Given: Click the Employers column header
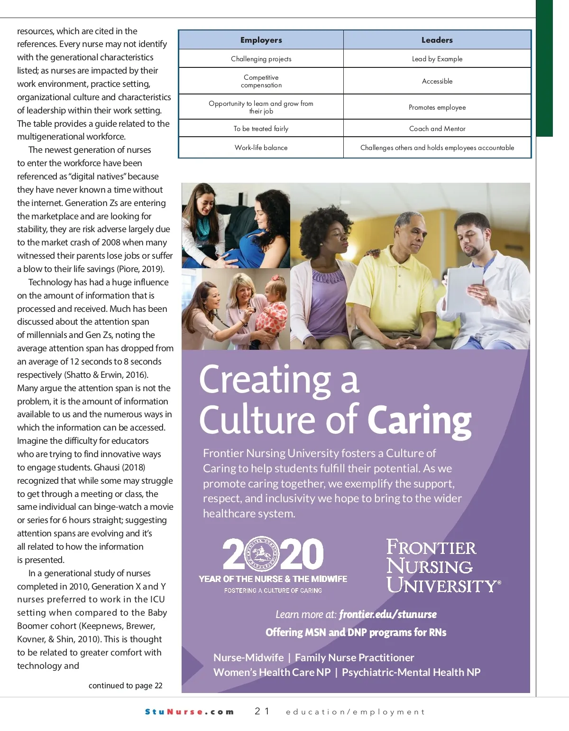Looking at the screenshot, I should [261, 40].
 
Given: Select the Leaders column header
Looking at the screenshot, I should [437, 40].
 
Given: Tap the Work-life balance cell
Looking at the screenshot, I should [261, 148].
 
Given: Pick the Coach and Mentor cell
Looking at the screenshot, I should [437, 129].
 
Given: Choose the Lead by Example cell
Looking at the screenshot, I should [437, 59].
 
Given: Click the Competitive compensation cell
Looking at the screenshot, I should [261, 81].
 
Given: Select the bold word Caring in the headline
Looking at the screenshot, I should [419, 420].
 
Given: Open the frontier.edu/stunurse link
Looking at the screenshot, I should [387, 614].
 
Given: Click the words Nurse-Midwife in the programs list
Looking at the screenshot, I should [248, 657].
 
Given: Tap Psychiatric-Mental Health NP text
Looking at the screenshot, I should [411, 672].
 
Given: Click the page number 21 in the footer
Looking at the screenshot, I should [262, 711].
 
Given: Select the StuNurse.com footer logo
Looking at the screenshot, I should [189, 712].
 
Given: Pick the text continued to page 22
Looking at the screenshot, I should [125, 685].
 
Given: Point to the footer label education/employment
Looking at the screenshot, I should [355, 712].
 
